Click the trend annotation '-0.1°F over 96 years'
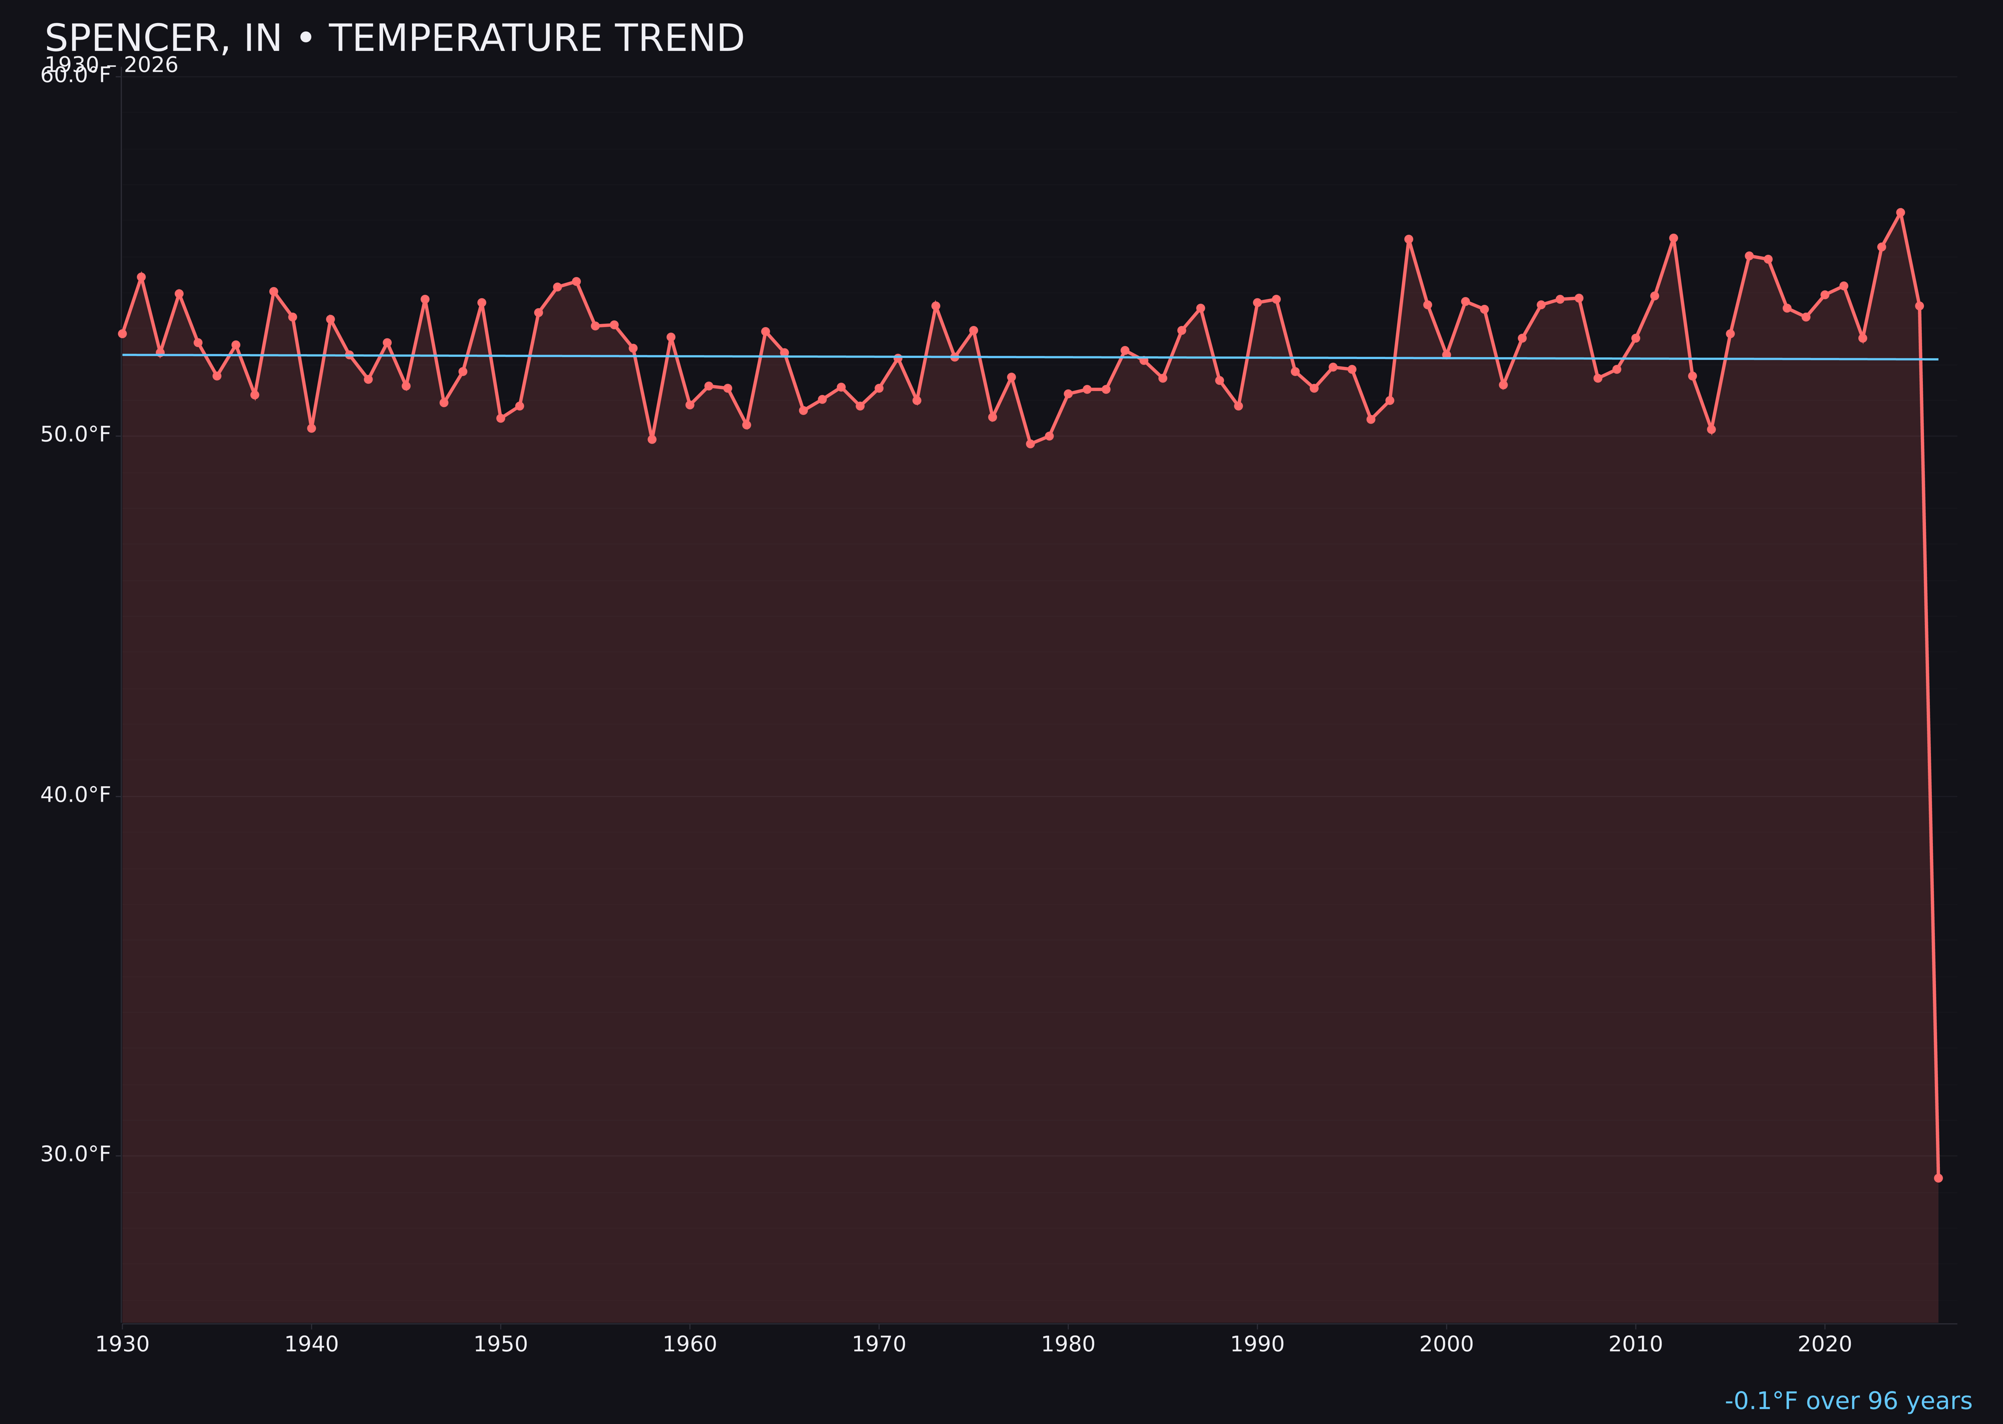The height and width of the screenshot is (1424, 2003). tap(1848, 1400)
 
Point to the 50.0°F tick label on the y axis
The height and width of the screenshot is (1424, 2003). tap(76, 435)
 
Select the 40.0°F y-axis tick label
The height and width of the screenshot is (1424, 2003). tap(76, 795)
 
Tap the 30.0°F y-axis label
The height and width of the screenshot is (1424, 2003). tap(76, 1154)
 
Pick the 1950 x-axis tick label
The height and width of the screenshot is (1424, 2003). tap(501, 1344)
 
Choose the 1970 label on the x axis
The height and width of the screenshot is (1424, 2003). tap(879, 1344)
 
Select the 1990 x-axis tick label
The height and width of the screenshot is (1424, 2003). tap(1257, 1344)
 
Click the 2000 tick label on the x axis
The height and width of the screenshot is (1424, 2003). tap(1446, 1344)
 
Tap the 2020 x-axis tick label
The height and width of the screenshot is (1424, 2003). tap(1824, 1344)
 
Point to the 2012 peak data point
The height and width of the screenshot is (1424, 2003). tap(1674, 238)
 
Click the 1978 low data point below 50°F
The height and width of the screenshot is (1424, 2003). tap(1031, 444)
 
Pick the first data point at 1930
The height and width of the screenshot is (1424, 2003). tap(122, 333)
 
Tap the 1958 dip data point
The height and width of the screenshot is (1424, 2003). tap(651, 439)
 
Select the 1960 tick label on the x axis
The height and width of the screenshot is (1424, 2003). tap(690, 1344)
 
